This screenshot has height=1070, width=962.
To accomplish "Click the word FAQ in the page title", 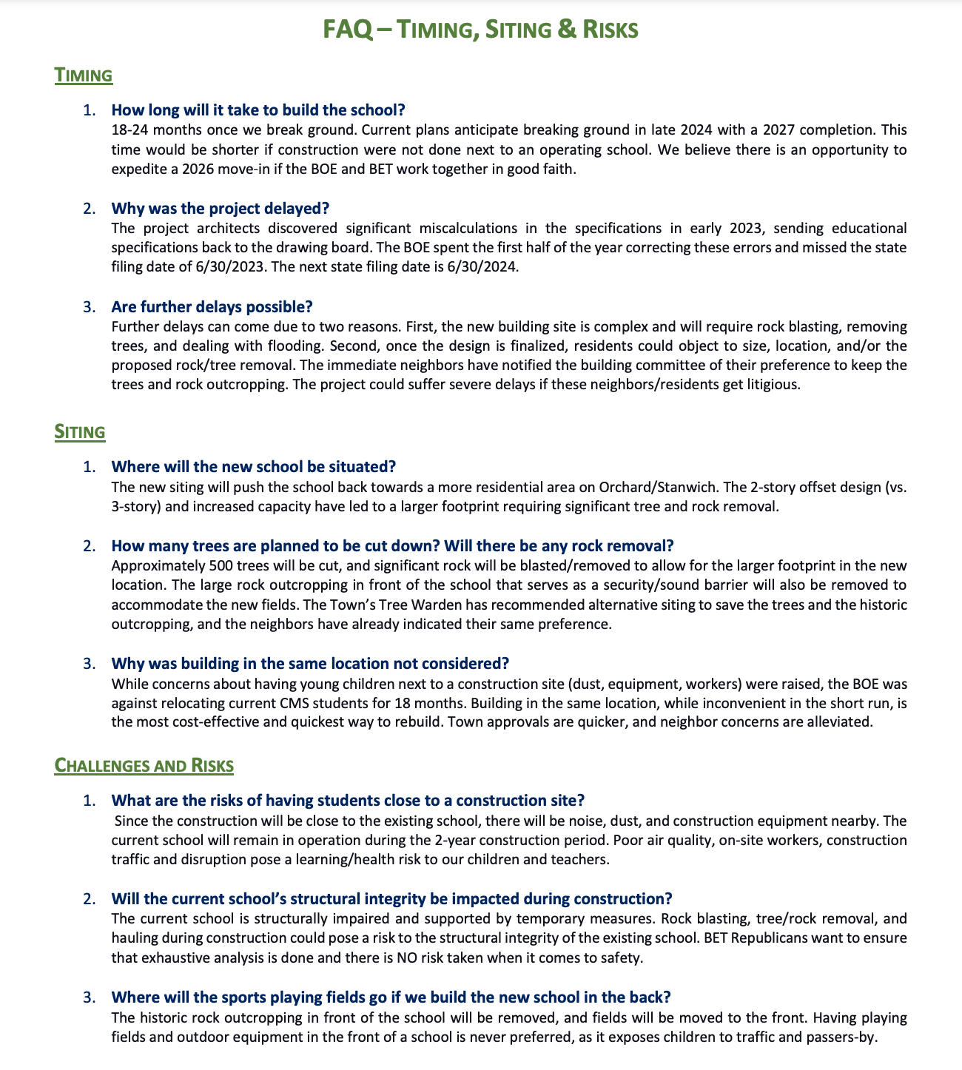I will click(349, 30).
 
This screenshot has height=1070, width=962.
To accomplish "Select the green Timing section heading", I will click(84, 75).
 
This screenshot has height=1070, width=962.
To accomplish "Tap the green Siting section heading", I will click(80, 432).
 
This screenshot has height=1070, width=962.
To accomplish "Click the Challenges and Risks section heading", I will click(144, 765).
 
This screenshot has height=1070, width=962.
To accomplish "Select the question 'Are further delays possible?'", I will click(212, 306).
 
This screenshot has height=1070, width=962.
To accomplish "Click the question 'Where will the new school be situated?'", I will click(253, 467).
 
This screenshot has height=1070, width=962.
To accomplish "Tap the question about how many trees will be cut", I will click(392, 546).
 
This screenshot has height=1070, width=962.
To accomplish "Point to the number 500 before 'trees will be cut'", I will click(201, 566).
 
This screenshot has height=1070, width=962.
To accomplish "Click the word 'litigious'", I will click(773, 386).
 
